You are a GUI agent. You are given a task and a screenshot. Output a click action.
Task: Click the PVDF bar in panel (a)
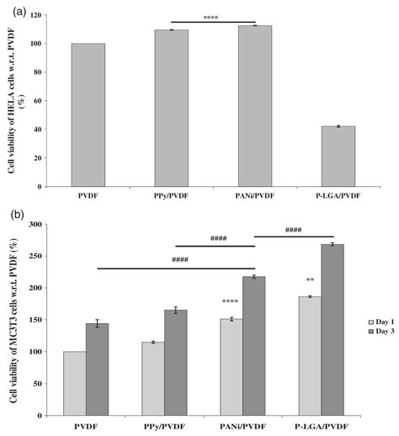tap(88, 115)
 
